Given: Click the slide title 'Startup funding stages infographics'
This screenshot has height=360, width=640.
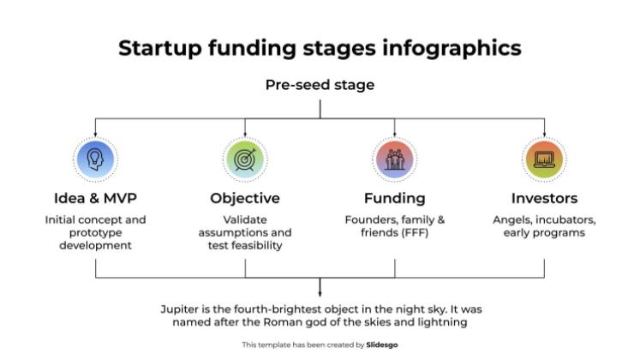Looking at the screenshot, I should tap(320, 48).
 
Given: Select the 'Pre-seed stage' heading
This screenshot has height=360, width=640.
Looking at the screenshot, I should tap(320, 85).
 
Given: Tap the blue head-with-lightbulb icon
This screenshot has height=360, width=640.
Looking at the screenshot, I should tap(95, 159).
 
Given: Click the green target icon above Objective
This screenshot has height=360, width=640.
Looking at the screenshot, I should tap(245, 159).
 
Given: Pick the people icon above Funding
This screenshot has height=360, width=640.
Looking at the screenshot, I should tap(395, 159).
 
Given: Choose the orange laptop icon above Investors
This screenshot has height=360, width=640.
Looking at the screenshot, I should tap(544, 159).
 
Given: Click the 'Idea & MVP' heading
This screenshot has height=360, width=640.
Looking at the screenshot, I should tap(95, 198).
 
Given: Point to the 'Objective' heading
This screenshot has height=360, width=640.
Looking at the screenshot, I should tap(245, 198).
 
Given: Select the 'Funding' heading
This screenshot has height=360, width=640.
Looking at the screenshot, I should tap(395, 198).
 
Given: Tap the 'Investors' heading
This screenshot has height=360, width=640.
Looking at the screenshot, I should tap(544, 198).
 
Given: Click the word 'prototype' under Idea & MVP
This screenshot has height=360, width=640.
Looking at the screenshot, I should tap(95, 232).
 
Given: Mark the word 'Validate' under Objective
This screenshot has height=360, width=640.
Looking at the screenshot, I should tap(245, 219).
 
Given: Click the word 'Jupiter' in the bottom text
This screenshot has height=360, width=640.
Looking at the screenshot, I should tap(182, 309).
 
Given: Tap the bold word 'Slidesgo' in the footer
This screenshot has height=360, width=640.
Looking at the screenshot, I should tap(382, 345).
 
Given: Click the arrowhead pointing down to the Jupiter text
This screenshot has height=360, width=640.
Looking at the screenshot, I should tap(320, 293).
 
